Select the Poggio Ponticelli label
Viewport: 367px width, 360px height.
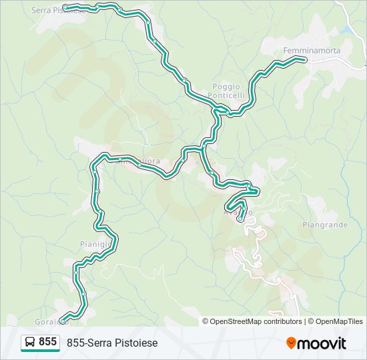coord(230,91)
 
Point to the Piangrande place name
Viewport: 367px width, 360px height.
coord(325,225)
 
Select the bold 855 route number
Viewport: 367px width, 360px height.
coord(48,342)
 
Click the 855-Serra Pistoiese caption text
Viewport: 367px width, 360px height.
coord(112,343)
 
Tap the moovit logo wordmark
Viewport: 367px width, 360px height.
coord(321,343)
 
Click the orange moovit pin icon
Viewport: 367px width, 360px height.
coord(291,343)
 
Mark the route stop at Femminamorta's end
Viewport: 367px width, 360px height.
coord(304,60)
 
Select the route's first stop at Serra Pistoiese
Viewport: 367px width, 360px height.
coord(65,7)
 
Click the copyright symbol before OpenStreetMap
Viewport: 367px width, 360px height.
coord(206,321)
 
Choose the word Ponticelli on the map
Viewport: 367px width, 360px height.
coord(230,95)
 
